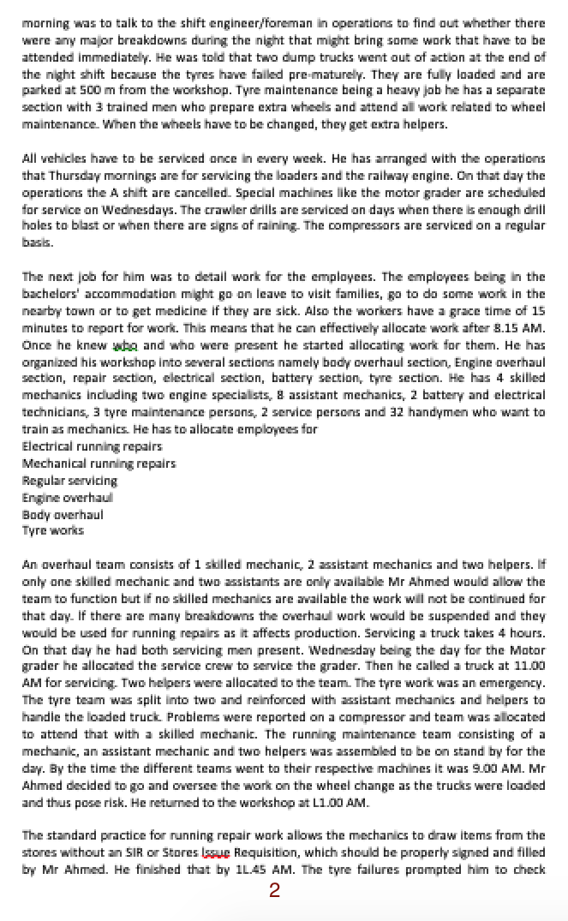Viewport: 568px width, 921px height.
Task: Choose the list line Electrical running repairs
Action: [92, 446]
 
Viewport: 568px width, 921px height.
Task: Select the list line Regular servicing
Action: [69, 481]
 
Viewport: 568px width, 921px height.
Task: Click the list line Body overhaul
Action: [62, 515]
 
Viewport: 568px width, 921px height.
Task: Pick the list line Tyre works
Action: [52, 531]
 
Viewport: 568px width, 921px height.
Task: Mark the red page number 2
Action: [274, 891]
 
